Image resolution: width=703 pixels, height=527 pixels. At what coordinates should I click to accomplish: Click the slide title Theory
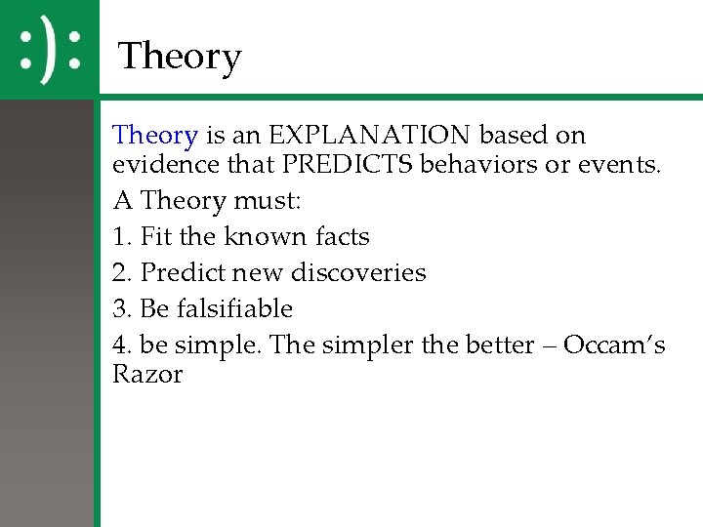179,58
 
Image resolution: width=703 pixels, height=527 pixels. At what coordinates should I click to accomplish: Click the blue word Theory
156,135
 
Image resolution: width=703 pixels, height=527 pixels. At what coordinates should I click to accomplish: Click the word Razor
147,375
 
